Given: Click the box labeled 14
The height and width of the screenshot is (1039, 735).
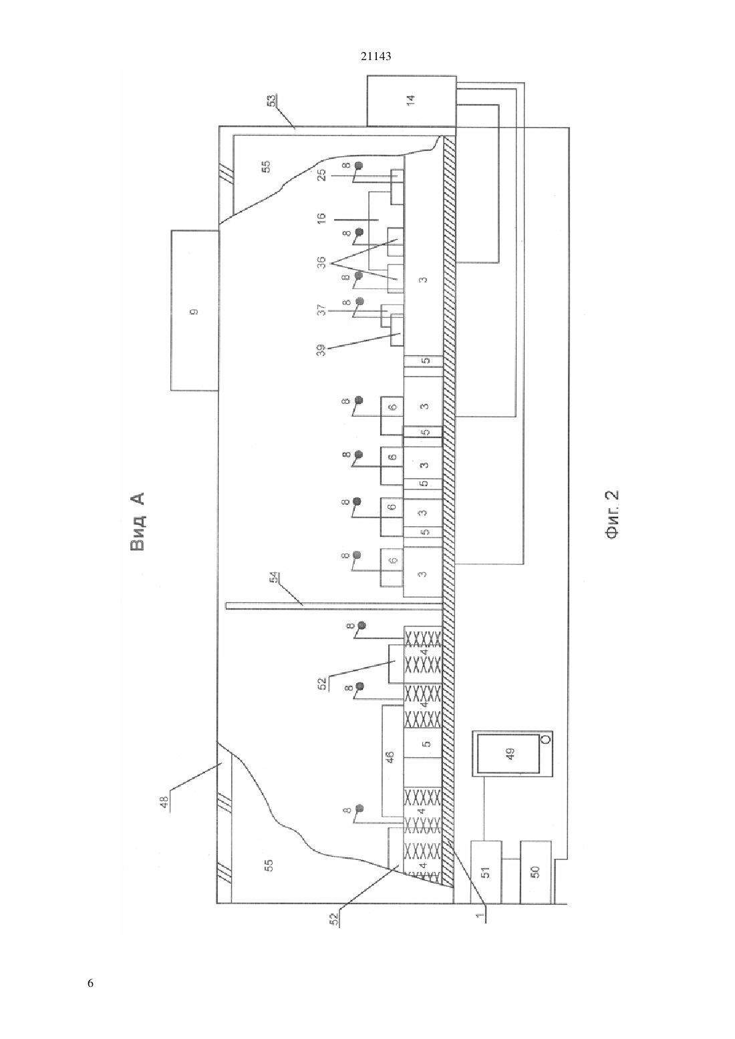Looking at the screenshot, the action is [x=412, y=101].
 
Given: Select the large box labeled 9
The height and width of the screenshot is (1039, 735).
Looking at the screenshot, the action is [x=195, y=310].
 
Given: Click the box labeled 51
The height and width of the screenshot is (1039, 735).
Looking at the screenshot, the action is [x=486, y=871].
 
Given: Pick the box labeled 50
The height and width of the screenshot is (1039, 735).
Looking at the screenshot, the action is [x=535, y=871].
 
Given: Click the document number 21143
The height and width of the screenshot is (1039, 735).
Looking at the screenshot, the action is [x=376, y=56].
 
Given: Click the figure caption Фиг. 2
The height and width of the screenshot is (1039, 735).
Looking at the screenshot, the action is [x=612, y=515].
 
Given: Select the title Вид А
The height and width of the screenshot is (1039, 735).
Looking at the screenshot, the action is [x=138, y=522].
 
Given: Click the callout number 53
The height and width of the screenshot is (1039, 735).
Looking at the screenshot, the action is [x=271, y=100].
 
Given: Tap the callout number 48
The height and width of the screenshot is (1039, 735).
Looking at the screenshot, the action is [x=165, y=803].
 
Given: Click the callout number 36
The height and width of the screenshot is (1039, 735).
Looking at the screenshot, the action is [x=321, y=264].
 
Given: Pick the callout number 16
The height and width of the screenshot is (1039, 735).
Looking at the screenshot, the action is [x=321, y=218].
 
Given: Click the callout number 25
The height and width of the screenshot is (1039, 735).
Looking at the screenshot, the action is [x=322, y=175].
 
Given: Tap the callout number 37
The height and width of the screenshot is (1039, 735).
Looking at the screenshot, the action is [x=321, y=310].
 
